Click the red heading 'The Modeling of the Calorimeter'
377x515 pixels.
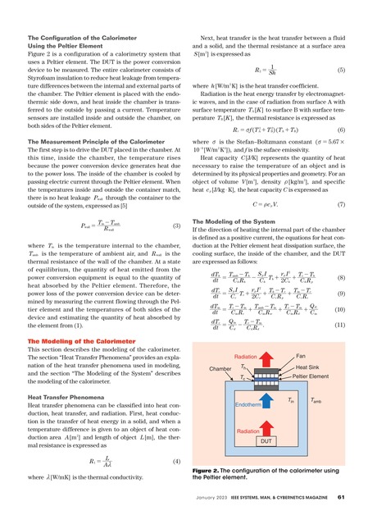(78, 340)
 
